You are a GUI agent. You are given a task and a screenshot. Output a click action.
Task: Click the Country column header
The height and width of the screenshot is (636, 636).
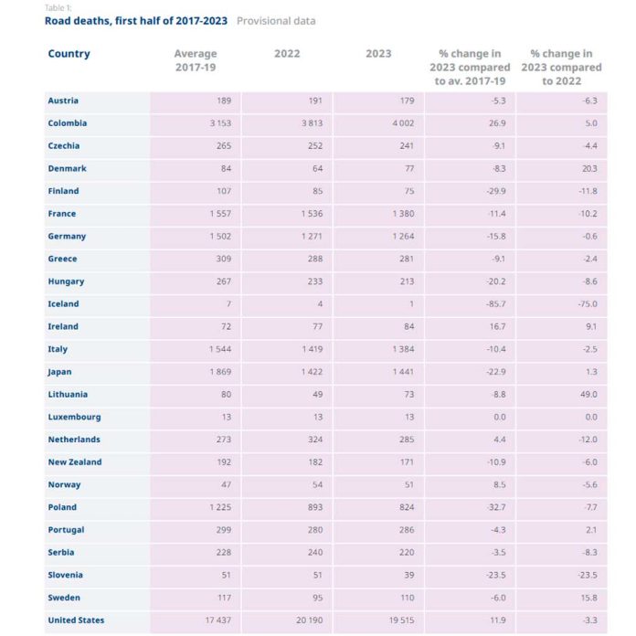(69, 54)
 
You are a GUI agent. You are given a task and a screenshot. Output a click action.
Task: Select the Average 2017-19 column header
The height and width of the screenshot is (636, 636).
(195, 60)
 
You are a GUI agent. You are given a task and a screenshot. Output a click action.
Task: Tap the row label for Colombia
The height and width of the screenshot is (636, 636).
(68, 123)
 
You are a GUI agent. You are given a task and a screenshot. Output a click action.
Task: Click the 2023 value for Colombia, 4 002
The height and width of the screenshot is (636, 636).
(402, 123)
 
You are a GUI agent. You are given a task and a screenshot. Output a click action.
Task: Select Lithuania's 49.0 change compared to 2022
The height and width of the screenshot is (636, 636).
(588, 395)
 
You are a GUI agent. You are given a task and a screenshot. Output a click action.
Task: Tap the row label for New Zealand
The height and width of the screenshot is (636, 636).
(75, 462)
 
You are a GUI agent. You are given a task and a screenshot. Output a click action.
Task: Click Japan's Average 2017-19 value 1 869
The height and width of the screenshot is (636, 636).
(219, 372)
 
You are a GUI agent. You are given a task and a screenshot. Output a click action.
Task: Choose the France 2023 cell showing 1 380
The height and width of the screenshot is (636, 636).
(402, 214)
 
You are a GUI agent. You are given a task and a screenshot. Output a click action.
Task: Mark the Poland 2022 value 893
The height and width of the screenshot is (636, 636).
(314, 507)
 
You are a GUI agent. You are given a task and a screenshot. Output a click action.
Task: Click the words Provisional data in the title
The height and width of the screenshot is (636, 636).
(276, 20)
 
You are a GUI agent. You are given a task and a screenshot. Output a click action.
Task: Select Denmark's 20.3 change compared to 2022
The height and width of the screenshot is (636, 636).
(589, 169)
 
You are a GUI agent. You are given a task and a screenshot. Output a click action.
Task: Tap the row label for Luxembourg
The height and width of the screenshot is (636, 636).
(74, 417)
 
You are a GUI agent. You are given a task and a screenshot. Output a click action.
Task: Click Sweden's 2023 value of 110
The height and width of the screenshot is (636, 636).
(407, 598)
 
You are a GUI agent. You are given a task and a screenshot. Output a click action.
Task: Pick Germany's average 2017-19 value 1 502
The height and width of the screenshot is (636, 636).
(219, 237)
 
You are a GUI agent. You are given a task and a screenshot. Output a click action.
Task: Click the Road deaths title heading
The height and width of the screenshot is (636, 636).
(136, 20)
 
